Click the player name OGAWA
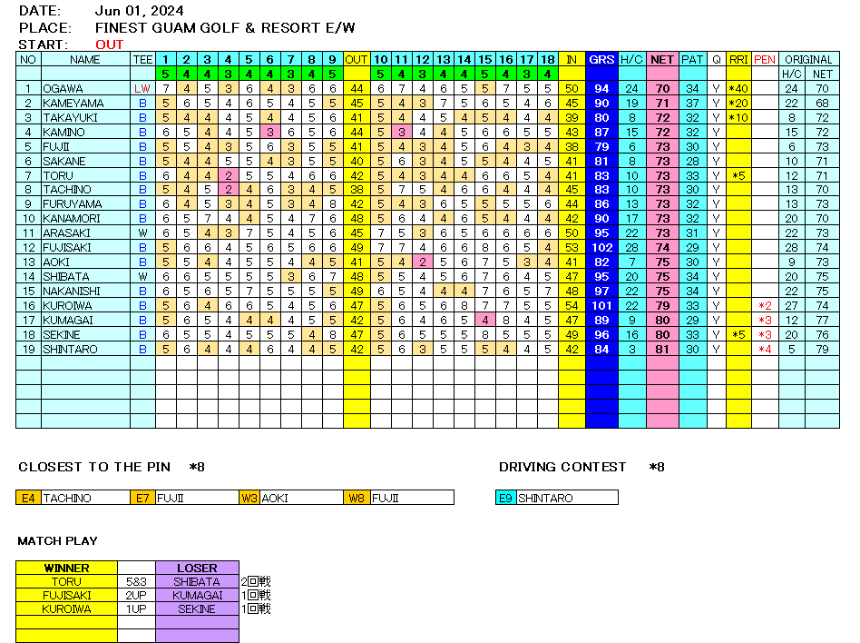(64, 89)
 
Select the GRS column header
(601, 60)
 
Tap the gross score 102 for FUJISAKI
(601, 248)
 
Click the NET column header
(662, 60)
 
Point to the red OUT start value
(110, 45)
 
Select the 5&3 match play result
(136, 582)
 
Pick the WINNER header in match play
(66, 569)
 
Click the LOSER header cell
(197, 569)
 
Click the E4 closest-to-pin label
(28, 498)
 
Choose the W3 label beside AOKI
(249, 498)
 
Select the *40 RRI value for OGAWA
(738, 89)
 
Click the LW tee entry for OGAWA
(142, 89)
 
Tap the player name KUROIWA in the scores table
(69, 306)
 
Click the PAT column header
(692, 60)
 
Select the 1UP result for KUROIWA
(136, 609)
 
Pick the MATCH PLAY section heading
(57, 541)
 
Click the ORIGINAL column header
(808, 60)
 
